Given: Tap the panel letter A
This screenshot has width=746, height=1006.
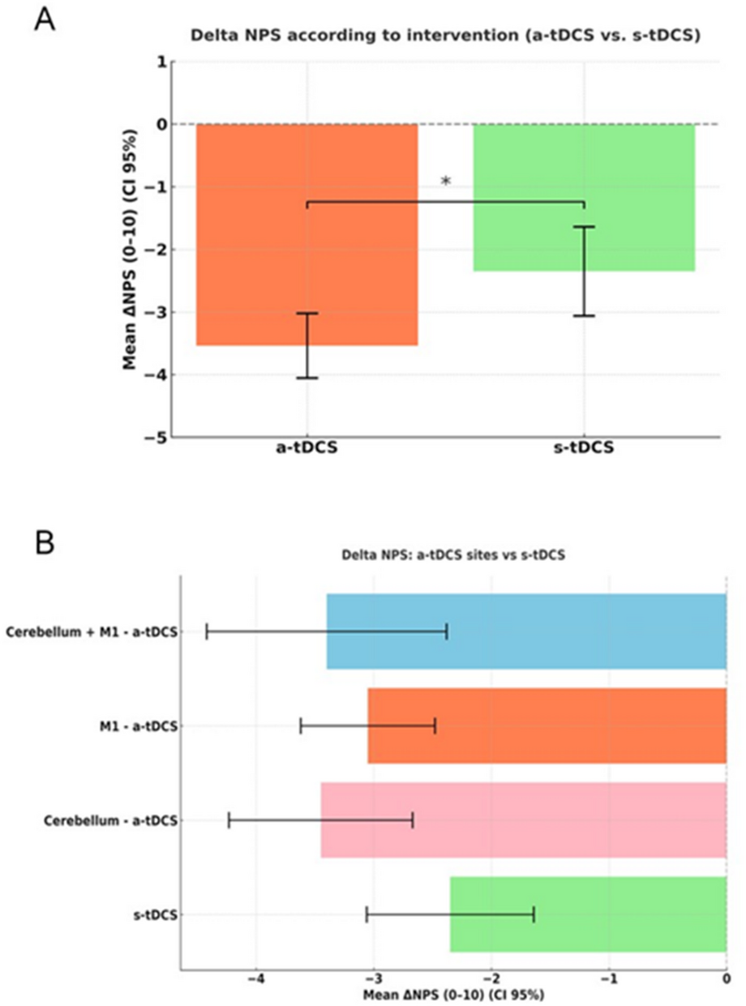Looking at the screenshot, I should [45, 19].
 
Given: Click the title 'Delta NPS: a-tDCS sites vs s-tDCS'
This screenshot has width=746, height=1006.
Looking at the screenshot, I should [453, 556].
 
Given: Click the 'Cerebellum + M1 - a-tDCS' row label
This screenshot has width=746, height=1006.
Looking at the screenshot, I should [92, 631].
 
